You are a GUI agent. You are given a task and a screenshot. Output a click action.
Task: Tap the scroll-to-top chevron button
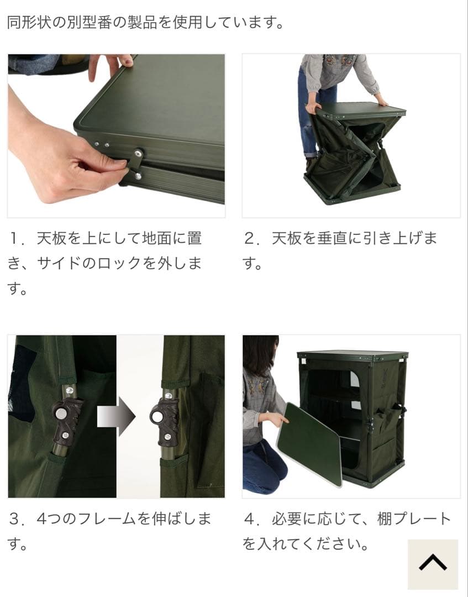(433, 563)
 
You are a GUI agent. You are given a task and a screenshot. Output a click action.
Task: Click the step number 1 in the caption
(15, 239)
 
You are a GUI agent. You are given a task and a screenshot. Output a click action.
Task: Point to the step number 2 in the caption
(250, 239)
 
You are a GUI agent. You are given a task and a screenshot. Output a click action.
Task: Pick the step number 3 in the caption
(15, 519)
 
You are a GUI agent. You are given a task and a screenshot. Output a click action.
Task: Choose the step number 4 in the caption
(250, 519)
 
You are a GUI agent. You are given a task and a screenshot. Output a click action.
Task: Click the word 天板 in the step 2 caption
(286, 239)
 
